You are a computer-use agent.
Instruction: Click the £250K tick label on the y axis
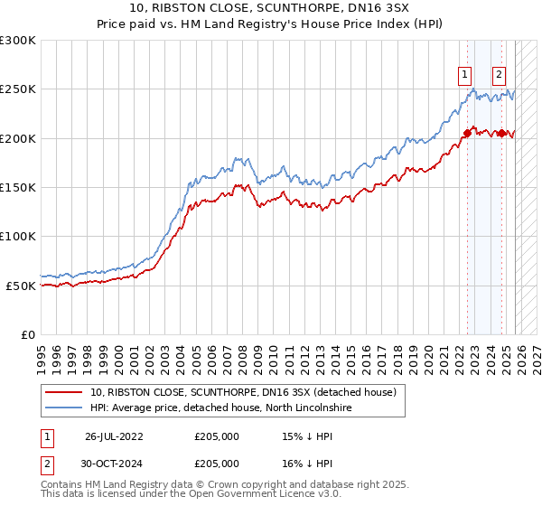pyautogui.click(x=17, y=89)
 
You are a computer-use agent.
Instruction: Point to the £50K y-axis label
pyautogui.click(x=20, y=286)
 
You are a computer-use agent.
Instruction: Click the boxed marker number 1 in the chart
pyautogui.click(x=464, y=75)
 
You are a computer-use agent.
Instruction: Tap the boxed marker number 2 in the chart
pyautogui.click(x=499, y=75)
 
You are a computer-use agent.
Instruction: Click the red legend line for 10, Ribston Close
pyautogui.click(x=64, y=392)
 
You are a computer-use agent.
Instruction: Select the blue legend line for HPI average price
pyautogui.click(x=64, y=408)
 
